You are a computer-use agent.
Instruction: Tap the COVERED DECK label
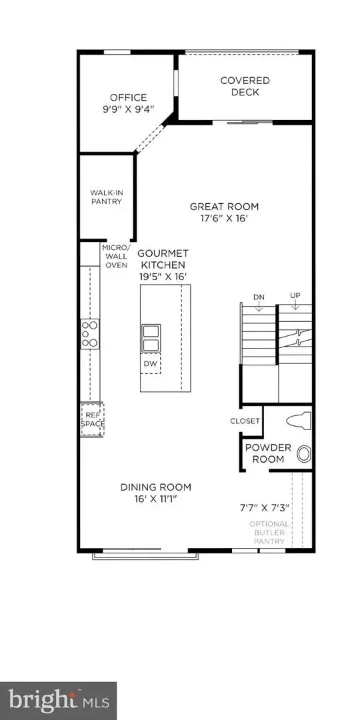tap(245, 86)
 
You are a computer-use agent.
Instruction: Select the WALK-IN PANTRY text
tap(107, 197)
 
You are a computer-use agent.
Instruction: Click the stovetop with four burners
tap(90, 334)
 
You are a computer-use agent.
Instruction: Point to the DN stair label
tap(259, 297)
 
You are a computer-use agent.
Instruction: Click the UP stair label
tap(295, 295)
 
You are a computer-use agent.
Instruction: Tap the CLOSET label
tap(244, 421)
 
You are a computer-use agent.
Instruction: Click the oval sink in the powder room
tap(304, 455)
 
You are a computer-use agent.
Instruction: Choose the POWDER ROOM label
tap(265, 453)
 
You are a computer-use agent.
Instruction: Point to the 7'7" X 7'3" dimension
tap(265, 508)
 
